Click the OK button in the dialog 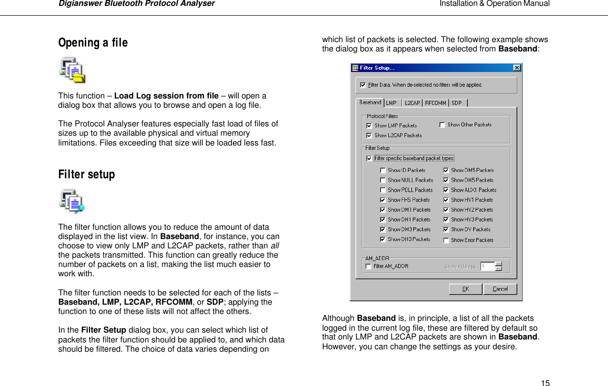[x=465, y=289]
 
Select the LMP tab [x=392, y=103]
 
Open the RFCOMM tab [x=435, y=103]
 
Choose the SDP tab [x=456, y=103]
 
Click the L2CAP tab [x=412, y=103]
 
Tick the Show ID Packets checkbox [x=382, y=170]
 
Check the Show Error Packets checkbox [x=446, y=241]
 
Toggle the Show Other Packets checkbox [x=442, y=125]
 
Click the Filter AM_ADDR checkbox [x=368, y=266]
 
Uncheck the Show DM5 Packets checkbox [x=446, y=170]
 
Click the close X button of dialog [x=516, y=68]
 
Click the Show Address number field [x=487, y=266]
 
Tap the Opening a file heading [x=93, y=43]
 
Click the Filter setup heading [x=87, y=175]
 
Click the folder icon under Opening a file [x=72, y=70]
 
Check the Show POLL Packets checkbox [x=382, y=190]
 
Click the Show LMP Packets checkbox [x=369, y=126]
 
